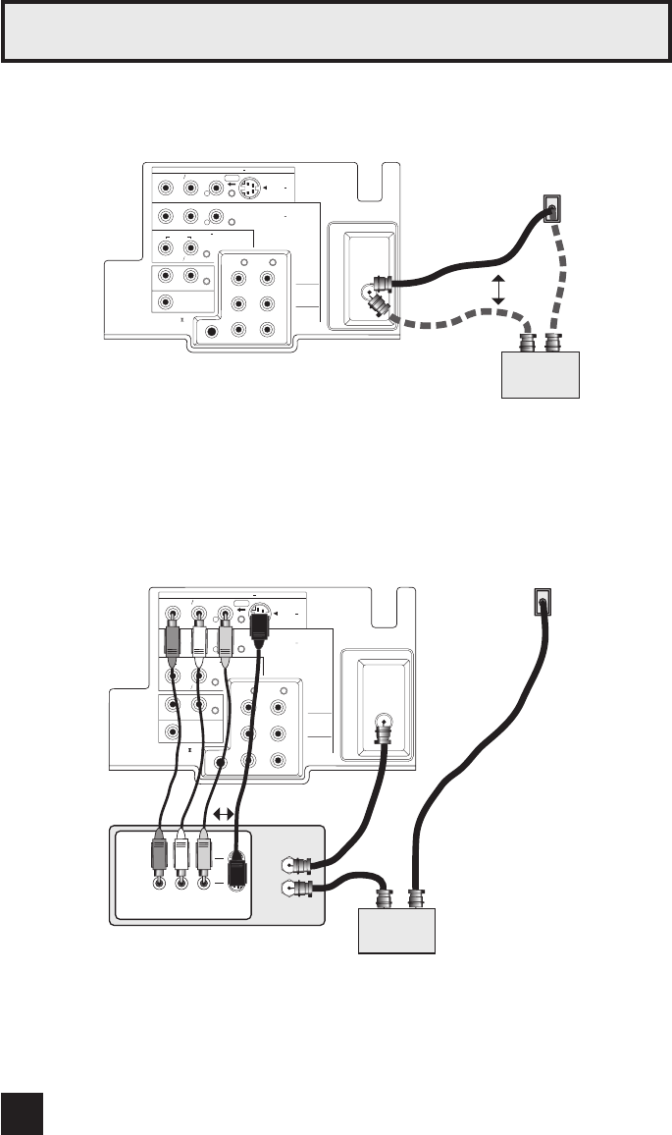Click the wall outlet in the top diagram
click(x=552, y=208)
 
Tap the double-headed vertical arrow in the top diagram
click(x=497, y=289)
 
